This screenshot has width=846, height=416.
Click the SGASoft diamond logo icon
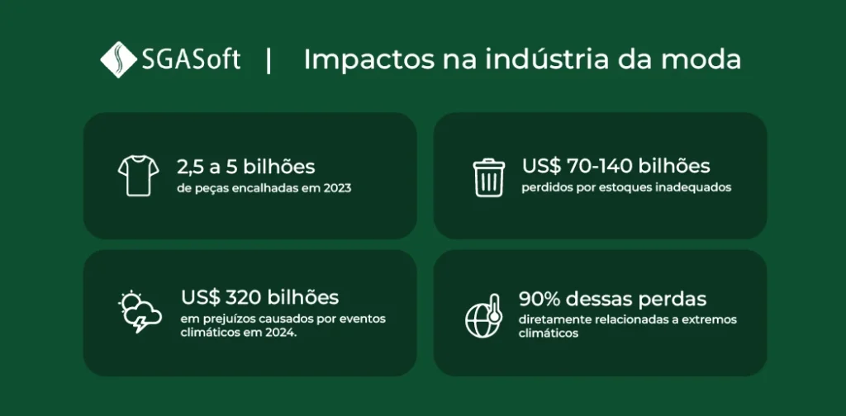118,59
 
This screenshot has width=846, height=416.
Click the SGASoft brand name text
191,59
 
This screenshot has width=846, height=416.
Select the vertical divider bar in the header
269,59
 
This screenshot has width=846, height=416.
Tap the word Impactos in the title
369,60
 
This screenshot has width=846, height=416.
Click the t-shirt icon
138,176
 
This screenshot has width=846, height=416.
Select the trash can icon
489,177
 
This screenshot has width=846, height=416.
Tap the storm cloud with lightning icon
140,312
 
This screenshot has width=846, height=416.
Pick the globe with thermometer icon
484,316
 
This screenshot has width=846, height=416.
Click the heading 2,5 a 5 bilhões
246,167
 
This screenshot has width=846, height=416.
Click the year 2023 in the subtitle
337,188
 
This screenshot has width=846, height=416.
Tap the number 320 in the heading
243,297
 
